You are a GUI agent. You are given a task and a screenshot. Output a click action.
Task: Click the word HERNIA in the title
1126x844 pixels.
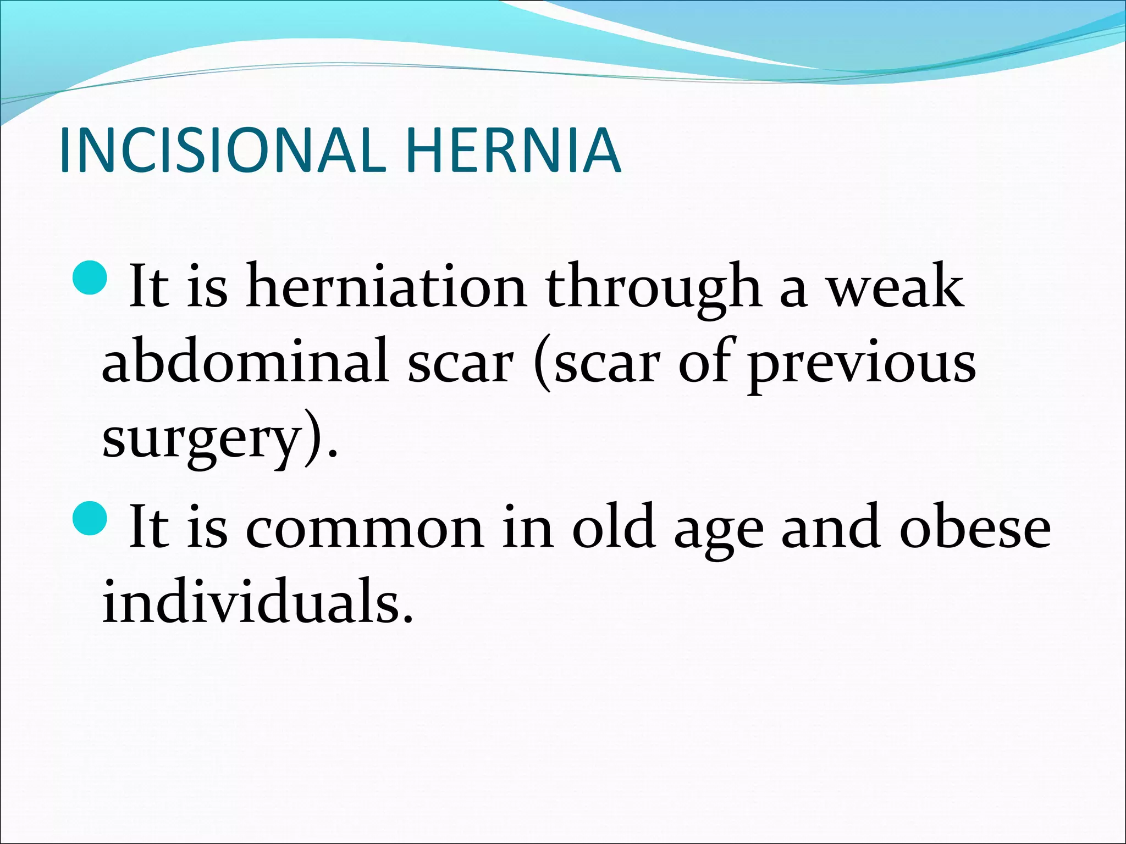coord(514,150)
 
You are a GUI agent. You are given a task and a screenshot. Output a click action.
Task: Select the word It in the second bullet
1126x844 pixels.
coord(148,527)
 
